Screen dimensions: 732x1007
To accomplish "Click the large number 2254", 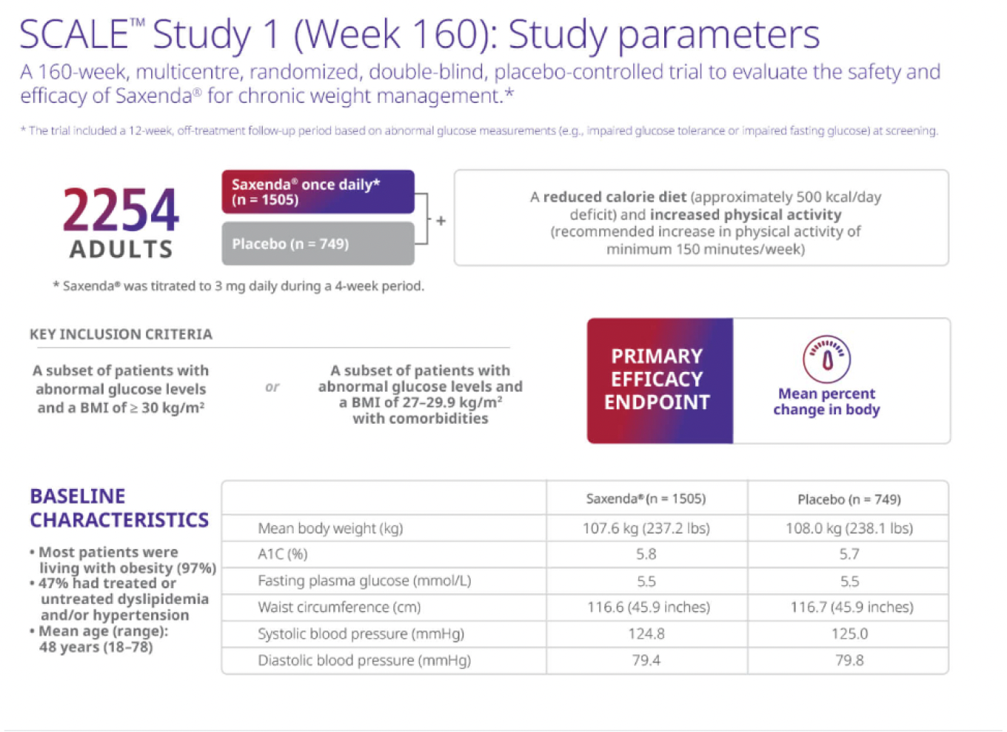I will tap(121, 210).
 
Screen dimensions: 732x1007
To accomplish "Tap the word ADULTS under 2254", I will tap(121, 250).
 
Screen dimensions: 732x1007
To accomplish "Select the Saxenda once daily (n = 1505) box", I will tap(318, 192).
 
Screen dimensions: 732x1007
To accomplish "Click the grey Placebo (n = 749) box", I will tap(318, 244).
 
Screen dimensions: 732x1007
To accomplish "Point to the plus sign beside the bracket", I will tap(441, 221).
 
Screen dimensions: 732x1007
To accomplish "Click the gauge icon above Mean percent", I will tap(826, 359).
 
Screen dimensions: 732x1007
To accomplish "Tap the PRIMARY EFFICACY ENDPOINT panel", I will tap(658, 379).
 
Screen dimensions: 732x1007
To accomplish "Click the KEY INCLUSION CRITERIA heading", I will tap(121, 334).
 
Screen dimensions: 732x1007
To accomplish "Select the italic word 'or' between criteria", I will tap(272, 387).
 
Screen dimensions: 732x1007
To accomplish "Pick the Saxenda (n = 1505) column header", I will tap(646, 499).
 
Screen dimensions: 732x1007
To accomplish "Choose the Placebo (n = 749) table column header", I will tap(849, 499).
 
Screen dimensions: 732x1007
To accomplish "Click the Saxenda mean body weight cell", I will tap(646, 528).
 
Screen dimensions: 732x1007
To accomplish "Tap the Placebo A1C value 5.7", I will tap(849, 554).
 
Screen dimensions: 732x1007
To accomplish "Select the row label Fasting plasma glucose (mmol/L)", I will tap(364, 581).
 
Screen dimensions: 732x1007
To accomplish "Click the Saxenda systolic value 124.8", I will tap(646, 634).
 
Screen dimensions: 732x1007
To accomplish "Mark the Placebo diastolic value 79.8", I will tap(849, 660).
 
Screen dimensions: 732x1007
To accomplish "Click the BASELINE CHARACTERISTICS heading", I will tap(118, 508).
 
